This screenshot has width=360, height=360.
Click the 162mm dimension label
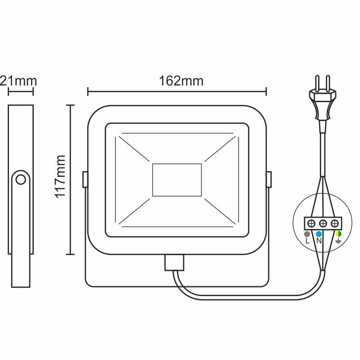tap(181, 81)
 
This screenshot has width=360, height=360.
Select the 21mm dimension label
tap(18, 81)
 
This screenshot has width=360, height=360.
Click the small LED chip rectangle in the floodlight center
tap(177, 179)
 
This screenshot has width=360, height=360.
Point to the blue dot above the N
tap(319, 234)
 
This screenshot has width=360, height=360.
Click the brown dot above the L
tap(307, 234)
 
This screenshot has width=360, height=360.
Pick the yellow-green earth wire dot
tap(338, 234)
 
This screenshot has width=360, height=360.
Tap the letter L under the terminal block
tap(307, 241)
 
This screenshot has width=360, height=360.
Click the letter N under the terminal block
tap(319, 241)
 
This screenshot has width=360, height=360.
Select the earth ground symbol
tap(338, 242)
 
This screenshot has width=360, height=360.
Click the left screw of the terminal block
tap(311, 223)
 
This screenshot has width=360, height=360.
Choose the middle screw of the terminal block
tap(323, 223)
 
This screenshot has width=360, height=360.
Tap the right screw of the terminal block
tap(334, 223)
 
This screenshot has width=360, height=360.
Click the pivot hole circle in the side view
tap(20, 180)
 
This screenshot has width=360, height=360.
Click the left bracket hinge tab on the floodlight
tap(85, 180)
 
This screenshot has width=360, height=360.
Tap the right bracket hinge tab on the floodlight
tap(269, 180)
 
